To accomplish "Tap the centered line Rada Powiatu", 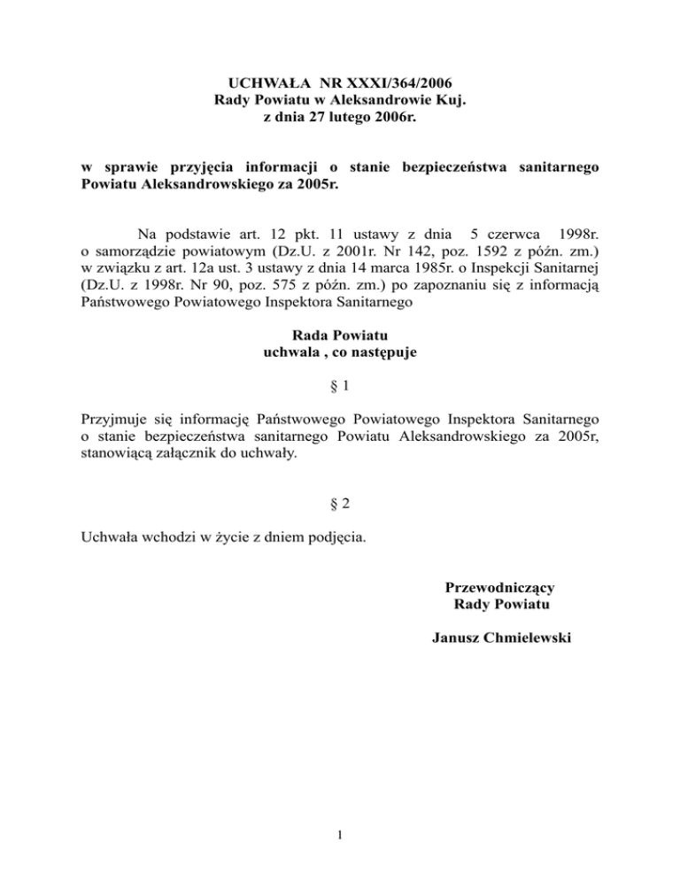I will [340, 334].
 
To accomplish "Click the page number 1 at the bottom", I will [340, 833].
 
